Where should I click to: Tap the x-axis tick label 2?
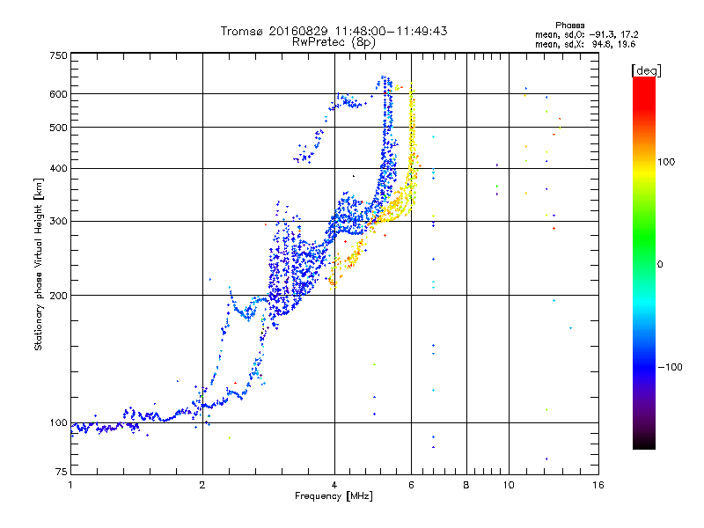point(202,485)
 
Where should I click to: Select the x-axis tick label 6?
point(412,485)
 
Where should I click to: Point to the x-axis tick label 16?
point(598,485)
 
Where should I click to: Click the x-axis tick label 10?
point(508,485)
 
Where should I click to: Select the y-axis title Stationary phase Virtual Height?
point(39,264)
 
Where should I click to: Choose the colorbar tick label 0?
point(662,264)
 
